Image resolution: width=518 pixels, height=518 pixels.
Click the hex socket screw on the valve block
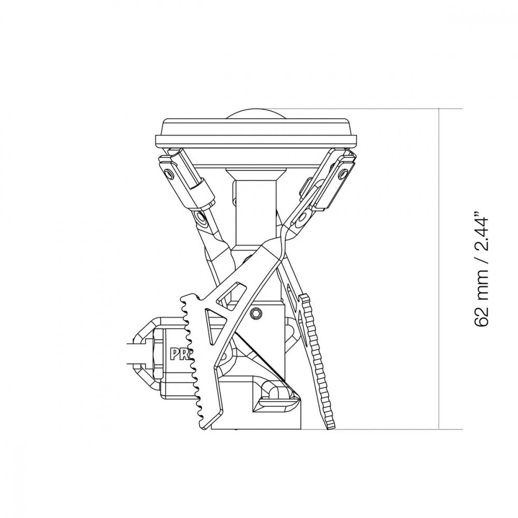(257, 314)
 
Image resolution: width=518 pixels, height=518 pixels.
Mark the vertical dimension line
(439, 269)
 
